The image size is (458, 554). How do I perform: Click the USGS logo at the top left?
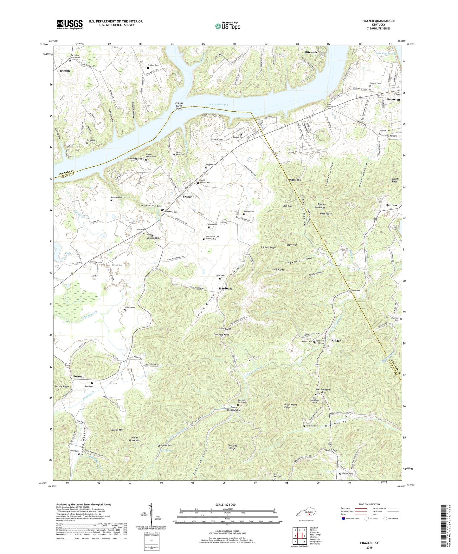pyautogui.click(x=70, y=24)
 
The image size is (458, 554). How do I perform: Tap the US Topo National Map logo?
pyautogui.click(x=227, y=26)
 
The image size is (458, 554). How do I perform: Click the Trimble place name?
pyautogui.click(x=65, y=71)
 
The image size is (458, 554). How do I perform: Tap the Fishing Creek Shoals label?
pyautogui.click(x=179, y=106)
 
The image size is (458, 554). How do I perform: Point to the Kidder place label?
pyautogui.click(x=336, y=340)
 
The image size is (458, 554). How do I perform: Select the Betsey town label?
pyautogui.click(x=78, y=376)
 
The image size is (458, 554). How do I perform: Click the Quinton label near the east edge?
pyautogui.click(x=391, y=205)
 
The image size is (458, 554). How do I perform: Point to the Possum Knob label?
pyautogui.click(x=395, y=180)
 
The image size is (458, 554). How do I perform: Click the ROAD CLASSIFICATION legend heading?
pyautogui.click(x=369, y=504)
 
